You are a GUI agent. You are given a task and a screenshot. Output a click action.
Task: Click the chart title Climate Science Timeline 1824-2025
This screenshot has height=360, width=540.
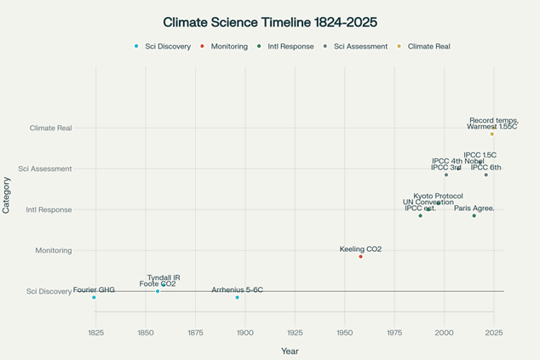coord(270,21)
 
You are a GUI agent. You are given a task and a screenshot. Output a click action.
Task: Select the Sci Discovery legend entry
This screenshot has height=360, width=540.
coord(167,46)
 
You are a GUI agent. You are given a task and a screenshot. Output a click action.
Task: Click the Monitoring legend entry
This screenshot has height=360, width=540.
coord(226,46)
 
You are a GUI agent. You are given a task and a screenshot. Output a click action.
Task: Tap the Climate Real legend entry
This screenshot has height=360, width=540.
coord(429,46)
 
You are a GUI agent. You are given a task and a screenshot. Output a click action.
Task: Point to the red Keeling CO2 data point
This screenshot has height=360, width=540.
coord(360,256)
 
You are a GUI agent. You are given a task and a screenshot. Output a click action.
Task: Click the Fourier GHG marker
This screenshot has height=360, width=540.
coord(94,297)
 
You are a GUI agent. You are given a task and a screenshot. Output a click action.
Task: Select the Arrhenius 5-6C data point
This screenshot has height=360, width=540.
coord(238,297)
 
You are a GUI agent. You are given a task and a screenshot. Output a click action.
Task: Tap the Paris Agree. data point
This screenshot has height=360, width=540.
coord(474,215)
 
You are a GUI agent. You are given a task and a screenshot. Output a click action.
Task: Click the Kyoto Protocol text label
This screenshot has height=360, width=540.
coord(438,196)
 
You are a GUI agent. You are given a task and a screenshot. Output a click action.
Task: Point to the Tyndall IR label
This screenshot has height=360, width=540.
coord(164,277)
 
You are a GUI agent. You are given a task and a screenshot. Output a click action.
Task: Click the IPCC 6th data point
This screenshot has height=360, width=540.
coord(486,174)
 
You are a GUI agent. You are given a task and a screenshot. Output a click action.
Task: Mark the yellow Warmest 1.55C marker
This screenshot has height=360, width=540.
coord(491,134)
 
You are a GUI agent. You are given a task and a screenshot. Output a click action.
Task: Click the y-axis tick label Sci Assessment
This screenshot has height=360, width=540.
coord(49,169)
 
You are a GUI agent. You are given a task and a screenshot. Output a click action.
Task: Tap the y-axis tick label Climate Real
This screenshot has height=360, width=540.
coord(51,128)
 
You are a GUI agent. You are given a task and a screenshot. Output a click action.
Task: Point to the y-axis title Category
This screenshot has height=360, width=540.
coord(7,194)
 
